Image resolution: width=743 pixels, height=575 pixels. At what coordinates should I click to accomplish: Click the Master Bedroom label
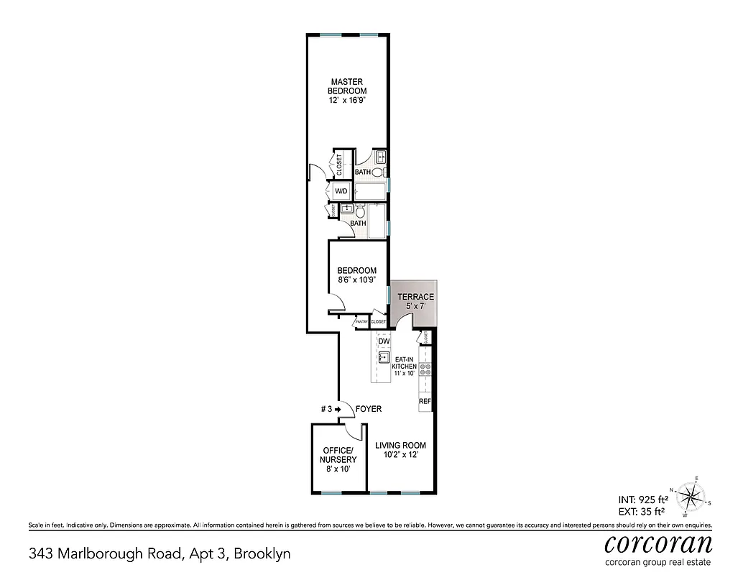pyautogui.click(x=347, y=86)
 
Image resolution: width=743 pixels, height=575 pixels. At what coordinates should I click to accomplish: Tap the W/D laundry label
pyautogui.click(x=341, y=191)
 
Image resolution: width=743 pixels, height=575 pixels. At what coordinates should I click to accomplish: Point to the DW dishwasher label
pyautogui.click(x=384, y=341)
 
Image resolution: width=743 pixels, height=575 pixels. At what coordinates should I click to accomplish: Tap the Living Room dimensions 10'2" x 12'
pyautogui.click(x=400, y=454)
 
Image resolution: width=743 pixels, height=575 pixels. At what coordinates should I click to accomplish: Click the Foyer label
pyautogui.click(x=368, y=409)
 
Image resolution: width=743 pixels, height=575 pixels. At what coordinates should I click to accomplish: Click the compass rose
pyautogui.click(x=691, y=495)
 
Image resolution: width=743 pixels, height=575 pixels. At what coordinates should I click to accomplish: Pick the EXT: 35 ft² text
pyautogui.click(x=643, y=512)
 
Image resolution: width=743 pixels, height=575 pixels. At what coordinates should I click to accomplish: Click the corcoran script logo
pyautogui.click(x=658, y=543)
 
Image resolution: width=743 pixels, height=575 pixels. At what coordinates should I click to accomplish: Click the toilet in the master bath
pyautogui.click(x=379, y=172)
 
